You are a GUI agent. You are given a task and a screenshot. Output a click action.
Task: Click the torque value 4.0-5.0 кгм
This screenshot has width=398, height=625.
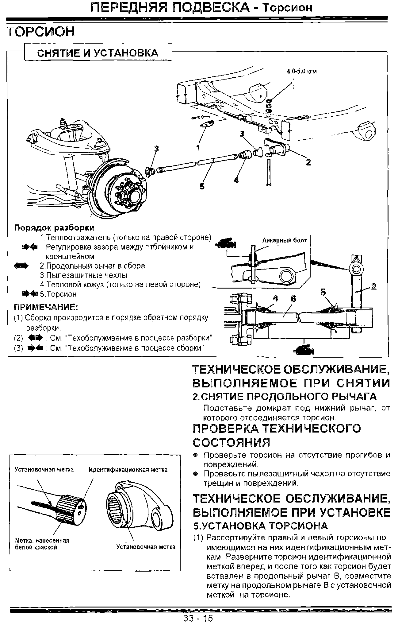pyautogui.click(x=301, y=71)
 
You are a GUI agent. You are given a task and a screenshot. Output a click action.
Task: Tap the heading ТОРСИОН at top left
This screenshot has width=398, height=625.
pyautogui.click(x=41, y=32)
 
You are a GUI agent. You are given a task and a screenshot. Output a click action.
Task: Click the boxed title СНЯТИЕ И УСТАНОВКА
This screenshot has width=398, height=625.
pyautogui.click(x=98, y=53)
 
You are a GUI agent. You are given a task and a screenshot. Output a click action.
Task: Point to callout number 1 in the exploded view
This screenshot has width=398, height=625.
pyautogui.click(x=198, y=148)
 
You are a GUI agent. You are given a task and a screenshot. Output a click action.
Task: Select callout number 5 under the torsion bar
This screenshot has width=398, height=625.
pyautogui.click(x=202, y=186)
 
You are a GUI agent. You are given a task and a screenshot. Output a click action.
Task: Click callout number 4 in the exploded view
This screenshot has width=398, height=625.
pyautogui.click(x=236, y=180)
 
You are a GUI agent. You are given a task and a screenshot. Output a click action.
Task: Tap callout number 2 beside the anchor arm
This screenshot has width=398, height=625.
pyautogui.click(x=308, y=162)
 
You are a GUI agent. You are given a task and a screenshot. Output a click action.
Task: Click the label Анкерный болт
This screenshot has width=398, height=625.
pyautogui.click(x=284, y=240)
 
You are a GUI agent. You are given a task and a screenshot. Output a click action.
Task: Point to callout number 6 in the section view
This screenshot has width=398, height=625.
pyautogui.click(x=293, y=299)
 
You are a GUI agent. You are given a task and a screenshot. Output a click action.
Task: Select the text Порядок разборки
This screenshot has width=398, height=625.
pyautogui.click(x=54, y=228)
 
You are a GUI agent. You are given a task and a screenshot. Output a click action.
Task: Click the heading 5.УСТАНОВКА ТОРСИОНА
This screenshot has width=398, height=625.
pyautogui.click(x=261, y=526)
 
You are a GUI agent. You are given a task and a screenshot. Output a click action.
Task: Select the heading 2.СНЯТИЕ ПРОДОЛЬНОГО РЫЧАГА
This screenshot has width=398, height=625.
pyautogui.click(x=284, y=397)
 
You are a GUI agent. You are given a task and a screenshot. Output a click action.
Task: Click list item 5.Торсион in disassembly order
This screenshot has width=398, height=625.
pyautogui.click(x=58, y=294)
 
